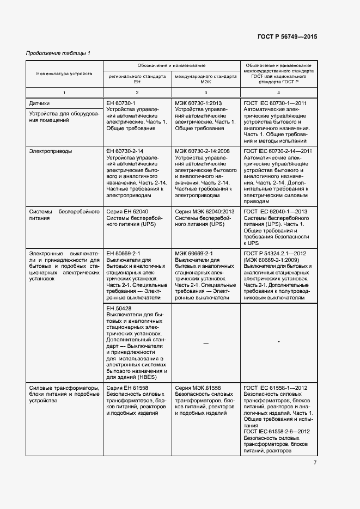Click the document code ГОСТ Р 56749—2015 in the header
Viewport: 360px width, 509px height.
coord(287,37)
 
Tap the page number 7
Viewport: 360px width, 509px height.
coord(315,463)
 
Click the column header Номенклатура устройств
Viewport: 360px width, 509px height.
coord(64,73)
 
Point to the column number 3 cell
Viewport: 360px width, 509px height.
coord(205,92)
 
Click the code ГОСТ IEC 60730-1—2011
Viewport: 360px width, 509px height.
coord(276,102)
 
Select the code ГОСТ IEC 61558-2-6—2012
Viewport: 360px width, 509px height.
coord(277,432)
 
